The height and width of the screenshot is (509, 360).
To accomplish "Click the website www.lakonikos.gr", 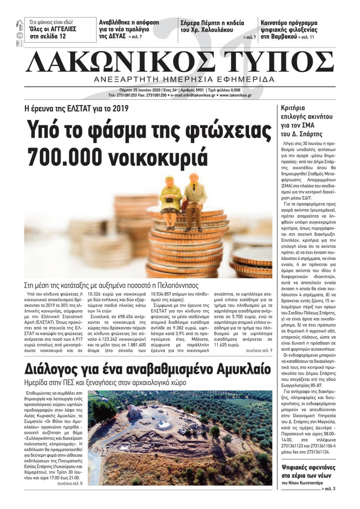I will (x=235, y=95).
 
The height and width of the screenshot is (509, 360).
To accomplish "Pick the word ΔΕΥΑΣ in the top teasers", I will (x=117, y=36).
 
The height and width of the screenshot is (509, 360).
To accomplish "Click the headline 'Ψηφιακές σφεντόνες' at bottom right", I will (x=309, y=468).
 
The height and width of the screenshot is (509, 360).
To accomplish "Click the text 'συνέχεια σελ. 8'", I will (x=70, y=483).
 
